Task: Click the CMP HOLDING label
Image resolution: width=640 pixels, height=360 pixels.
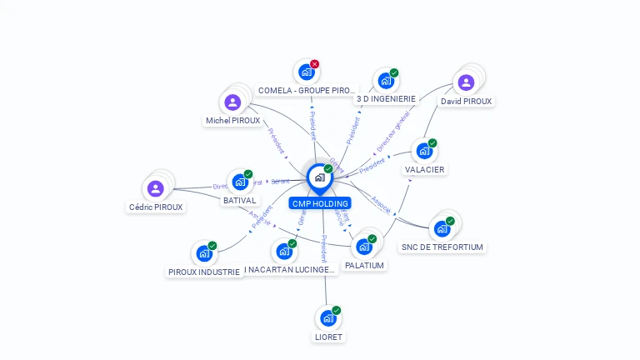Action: point(320,203)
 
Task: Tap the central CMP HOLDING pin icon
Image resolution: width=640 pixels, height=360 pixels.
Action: point(319,177)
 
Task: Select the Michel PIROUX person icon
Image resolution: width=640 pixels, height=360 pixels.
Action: point(232,102)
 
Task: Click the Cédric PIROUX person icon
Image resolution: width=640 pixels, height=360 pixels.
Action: point(155,188)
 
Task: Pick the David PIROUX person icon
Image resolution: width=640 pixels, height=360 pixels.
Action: point(466,82)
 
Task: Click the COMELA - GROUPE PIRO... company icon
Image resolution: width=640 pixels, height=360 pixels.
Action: point(306,72)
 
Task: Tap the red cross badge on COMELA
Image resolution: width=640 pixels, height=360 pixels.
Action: point(315,64)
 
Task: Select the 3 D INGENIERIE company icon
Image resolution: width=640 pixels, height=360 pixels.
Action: point(385,81)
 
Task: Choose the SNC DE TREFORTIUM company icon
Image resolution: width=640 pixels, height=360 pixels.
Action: point(442,228)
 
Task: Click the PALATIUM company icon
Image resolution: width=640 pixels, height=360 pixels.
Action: point(363,247)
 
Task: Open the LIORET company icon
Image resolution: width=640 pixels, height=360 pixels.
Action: point(327,318)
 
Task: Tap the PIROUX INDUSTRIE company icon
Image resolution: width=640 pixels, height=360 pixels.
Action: point(203,253)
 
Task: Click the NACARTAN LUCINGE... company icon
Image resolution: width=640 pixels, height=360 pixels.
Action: point(283,251)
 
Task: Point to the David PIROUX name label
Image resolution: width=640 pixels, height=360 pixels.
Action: point(466,102)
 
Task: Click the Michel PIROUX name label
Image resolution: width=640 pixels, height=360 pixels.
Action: point(232,121)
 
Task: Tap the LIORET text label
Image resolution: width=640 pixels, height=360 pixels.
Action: point(328,337)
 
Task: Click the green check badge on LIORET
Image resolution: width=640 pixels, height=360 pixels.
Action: point(337,311)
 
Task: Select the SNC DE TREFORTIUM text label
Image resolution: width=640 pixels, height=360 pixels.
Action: point(442,247)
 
